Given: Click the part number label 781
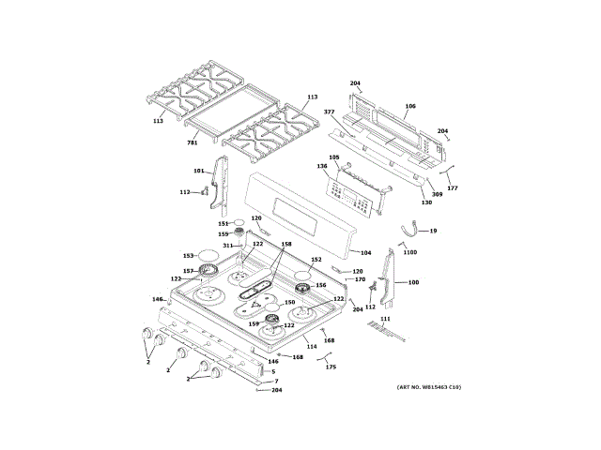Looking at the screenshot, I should [192, 142].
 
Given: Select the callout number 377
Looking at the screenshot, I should [330, 112].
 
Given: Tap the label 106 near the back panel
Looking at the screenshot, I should [409, 106].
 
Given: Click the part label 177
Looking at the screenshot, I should [453, 188].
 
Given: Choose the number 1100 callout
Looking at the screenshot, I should [409, 252].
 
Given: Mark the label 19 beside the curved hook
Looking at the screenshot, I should [433, 230].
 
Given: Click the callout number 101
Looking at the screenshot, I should [198, 171].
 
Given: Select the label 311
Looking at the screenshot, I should [226, 246].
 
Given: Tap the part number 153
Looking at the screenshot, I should [188, 255].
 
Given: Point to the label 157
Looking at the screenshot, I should [188, 271].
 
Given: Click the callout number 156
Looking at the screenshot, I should [320, 286].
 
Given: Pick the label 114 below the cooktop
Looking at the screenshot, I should [311, 347].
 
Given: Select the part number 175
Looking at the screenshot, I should [330, 367].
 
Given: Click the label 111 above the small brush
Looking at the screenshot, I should [384, 320].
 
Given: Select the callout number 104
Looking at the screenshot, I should [366, 253].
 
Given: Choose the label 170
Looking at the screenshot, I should [360, 279].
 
